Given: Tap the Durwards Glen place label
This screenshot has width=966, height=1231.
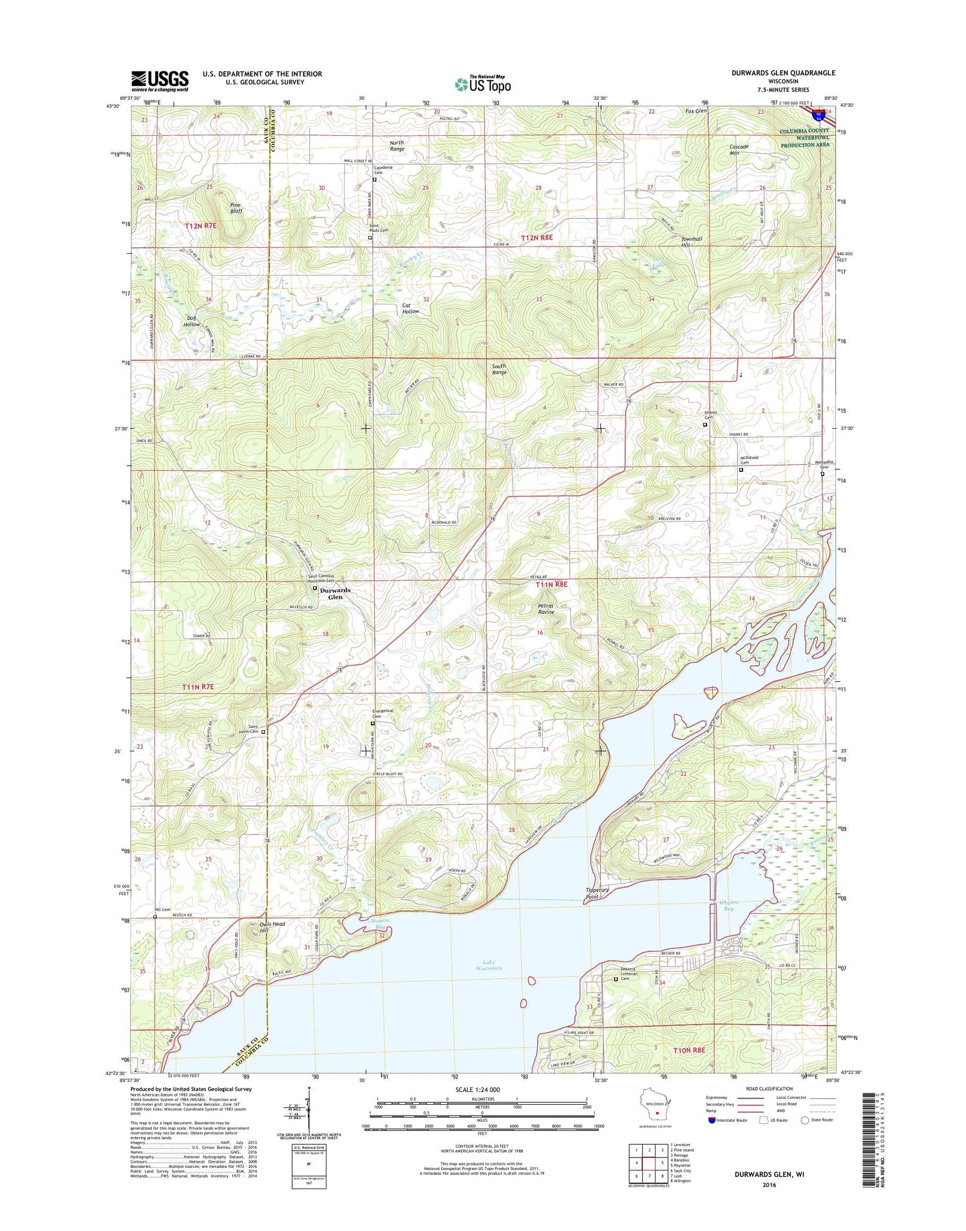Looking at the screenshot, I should point(336,593).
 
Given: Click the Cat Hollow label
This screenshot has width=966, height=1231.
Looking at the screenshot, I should point(410,308).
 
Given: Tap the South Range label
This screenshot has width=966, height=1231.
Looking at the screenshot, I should point(499,369).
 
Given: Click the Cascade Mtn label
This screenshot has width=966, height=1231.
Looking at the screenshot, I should point(739,149).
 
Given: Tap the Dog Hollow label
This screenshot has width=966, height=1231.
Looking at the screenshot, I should point(192,321).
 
